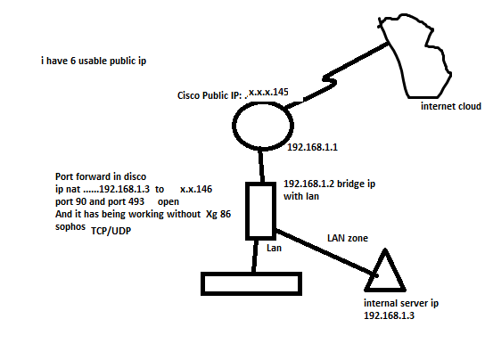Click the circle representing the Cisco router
(234, 126)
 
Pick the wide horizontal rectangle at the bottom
(251, 274)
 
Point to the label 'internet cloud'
(451, 106)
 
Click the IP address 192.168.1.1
(312, 147)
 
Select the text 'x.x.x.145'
(268, 92)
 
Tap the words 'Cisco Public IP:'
(210, 95)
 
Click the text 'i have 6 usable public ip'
(94, 61)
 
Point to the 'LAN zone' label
(348, 238)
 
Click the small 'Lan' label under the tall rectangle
(274, 248)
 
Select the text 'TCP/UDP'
(111, 231)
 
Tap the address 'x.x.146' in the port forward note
(196, 189)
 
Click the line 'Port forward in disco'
(101, 176)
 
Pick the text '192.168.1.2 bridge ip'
(329, 184)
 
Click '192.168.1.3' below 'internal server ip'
(389, 315)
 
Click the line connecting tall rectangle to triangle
(326, 252)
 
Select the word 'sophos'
(70, 227)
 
